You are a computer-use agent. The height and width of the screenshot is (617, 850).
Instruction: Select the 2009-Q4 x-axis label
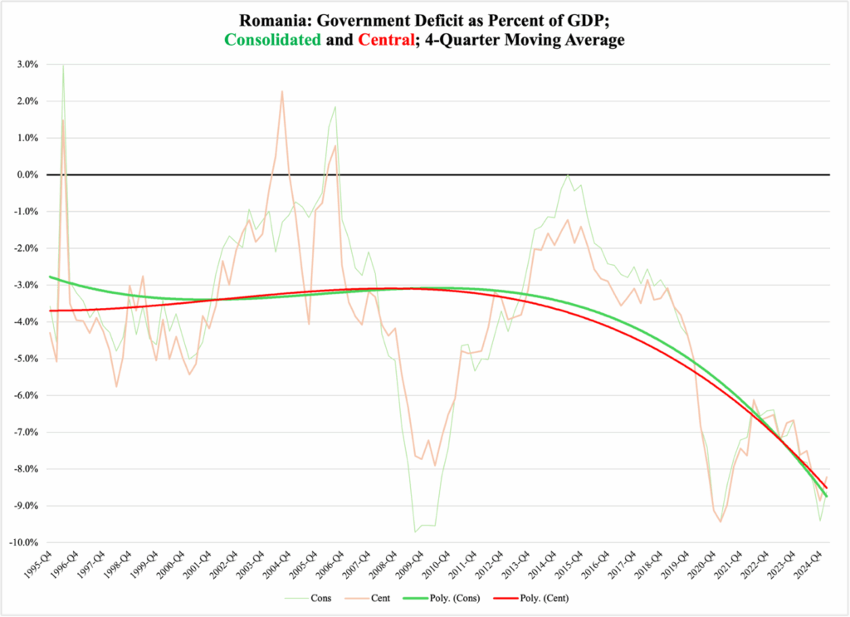point(410,566)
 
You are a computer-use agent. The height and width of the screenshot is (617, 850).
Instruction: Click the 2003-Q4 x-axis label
point(252,566)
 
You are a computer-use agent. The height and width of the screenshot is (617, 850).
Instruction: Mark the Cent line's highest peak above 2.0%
point(282,91)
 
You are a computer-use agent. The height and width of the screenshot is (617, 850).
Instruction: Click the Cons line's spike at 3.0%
point(63,66)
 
